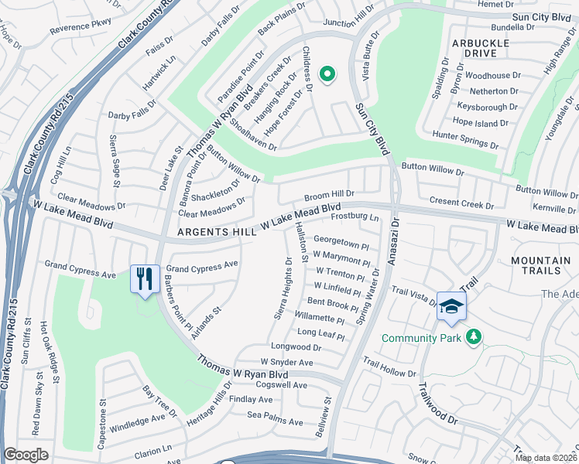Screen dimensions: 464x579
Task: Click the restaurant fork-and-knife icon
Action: [x=145, y=279]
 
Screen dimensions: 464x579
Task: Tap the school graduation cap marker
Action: [x=451, y=305]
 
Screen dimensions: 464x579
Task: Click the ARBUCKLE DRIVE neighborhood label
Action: [x=481, y=48]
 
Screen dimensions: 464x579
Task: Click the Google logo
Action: [x=26, y=454]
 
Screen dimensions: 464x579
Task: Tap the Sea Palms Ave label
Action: [x=278, y=415]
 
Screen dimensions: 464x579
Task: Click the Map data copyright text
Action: [x=545, y=458]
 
